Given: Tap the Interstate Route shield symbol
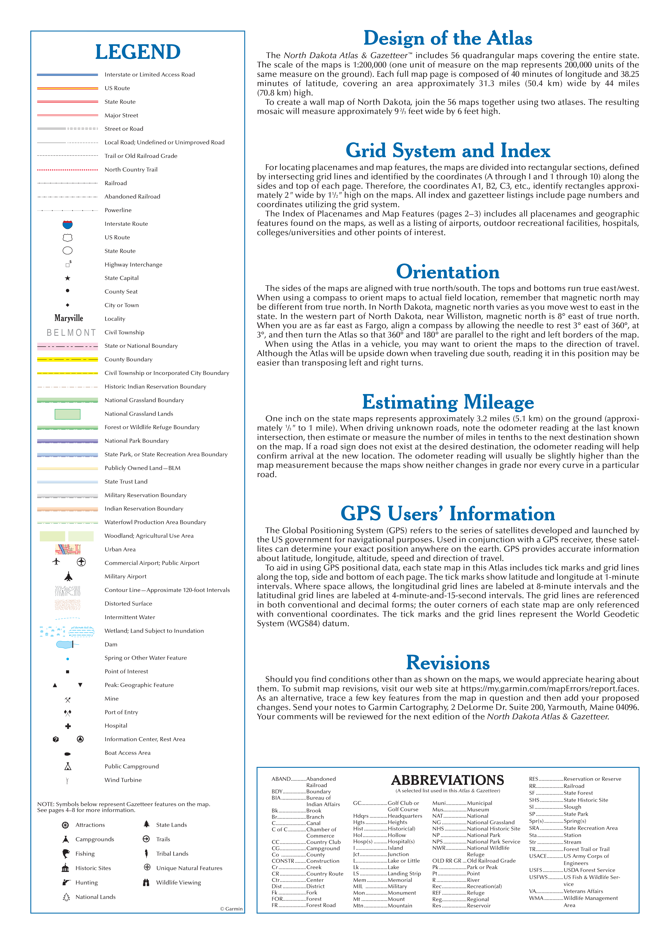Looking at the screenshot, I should pos(68,224).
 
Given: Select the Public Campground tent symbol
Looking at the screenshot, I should pos(68,766).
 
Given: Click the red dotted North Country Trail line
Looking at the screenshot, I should pos(68,170).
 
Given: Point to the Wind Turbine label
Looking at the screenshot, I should pos(123,780).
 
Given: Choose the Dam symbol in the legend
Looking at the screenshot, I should pos(67,644).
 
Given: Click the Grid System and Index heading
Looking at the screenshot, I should pos(448,150).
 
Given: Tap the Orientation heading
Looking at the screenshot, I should pos(448,272).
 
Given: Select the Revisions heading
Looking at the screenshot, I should pos(448,663).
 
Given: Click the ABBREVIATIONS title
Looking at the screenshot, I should pos(447,780).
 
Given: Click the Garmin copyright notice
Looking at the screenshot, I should pos(231,908).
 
